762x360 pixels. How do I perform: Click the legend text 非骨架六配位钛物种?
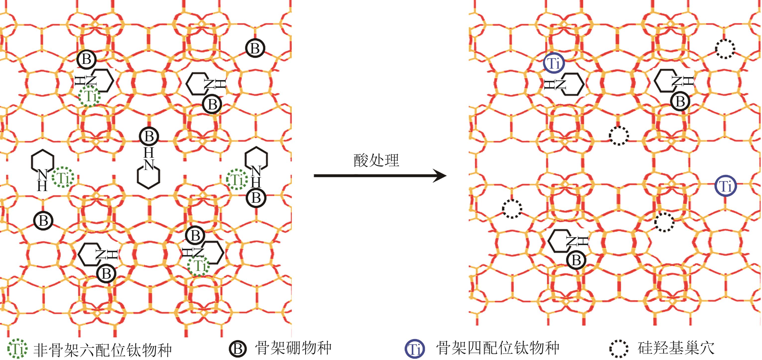(x=102, y=349)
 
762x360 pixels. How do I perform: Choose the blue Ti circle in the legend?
(x=415, y=349)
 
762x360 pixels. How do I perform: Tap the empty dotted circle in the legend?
(x=619, y=349)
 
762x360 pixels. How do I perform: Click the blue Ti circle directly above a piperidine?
(x=554, y=63)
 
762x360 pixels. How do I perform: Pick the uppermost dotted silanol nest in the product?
(x=725, y=49)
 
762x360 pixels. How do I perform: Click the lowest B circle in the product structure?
(x=576, y=260)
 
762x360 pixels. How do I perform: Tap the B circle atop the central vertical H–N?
(x=149, y=136)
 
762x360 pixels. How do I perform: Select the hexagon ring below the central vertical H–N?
(x=149, y=177)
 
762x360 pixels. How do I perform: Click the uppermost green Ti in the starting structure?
(x=90, y=96)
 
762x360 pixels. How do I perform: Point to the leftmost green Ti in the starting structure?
(x=63, y=178)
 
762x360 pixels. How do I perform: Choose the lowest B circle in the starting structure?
(x=106, y=273)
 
